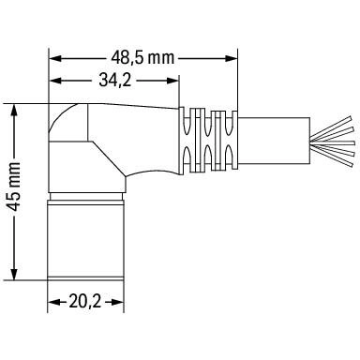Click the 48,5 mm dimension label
(142, 58)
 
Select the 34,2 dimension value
(114, 80)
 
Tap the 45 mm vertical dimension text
(14, 187)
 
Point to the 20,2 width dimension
(85, 302)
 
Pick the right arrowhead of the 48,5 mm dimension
(231, 58)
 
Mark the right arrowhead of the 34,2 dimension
(172, 81)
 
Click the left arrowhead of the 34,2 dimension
(54, 81)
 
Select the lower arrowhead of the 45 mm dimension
(14, 274)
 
